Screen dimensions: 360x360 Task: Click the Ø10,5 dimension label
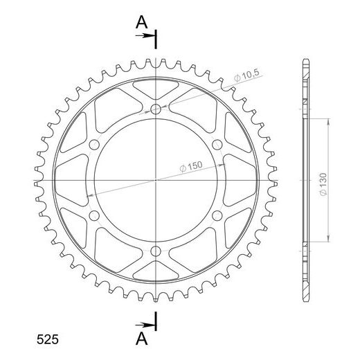[x=247, y=75]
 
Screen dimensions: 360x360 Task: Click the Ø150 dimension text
[x=191, y=166]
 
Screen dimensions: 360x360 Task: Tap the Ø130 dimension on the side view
[x=323, y=184]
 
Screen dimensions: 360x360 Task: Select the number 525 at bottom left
[x=48, y=340]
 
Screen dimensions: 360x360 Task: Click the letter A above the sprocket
[x=141, y=23]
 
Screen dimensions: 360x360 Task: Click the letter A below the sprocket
[x=141, y=339]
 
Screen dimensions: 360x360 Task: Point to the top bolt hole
[x=156, y=109]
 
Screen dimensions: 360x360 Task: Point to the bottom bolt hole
[x=156, y=251]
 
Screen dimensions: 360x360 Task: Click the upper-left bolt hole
[x=94, y=145]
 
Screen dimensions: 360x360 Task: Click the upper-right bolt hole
[x=217, y=145]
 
